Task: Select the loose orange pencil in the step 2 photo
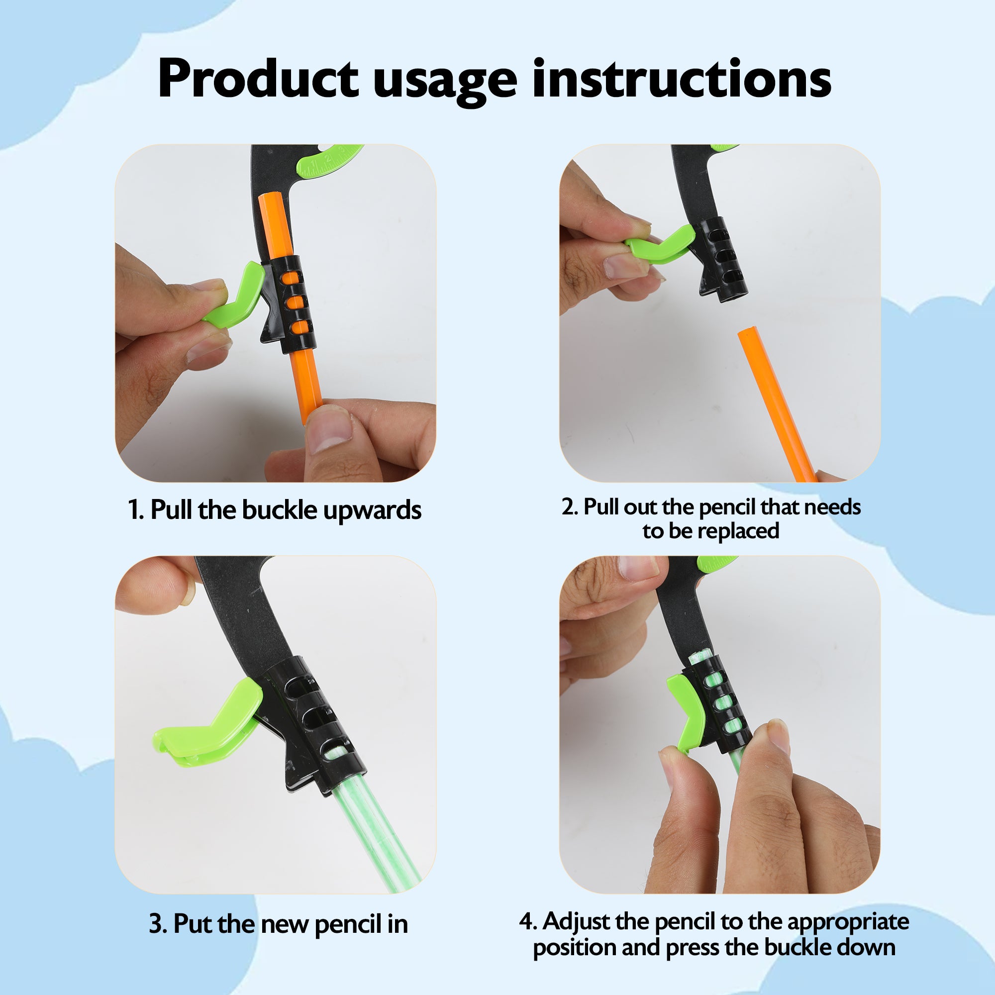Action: point(778,404)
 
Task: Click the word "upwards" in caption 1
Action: point(372,511)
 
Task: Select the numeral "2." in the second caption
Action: point(570,507)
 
